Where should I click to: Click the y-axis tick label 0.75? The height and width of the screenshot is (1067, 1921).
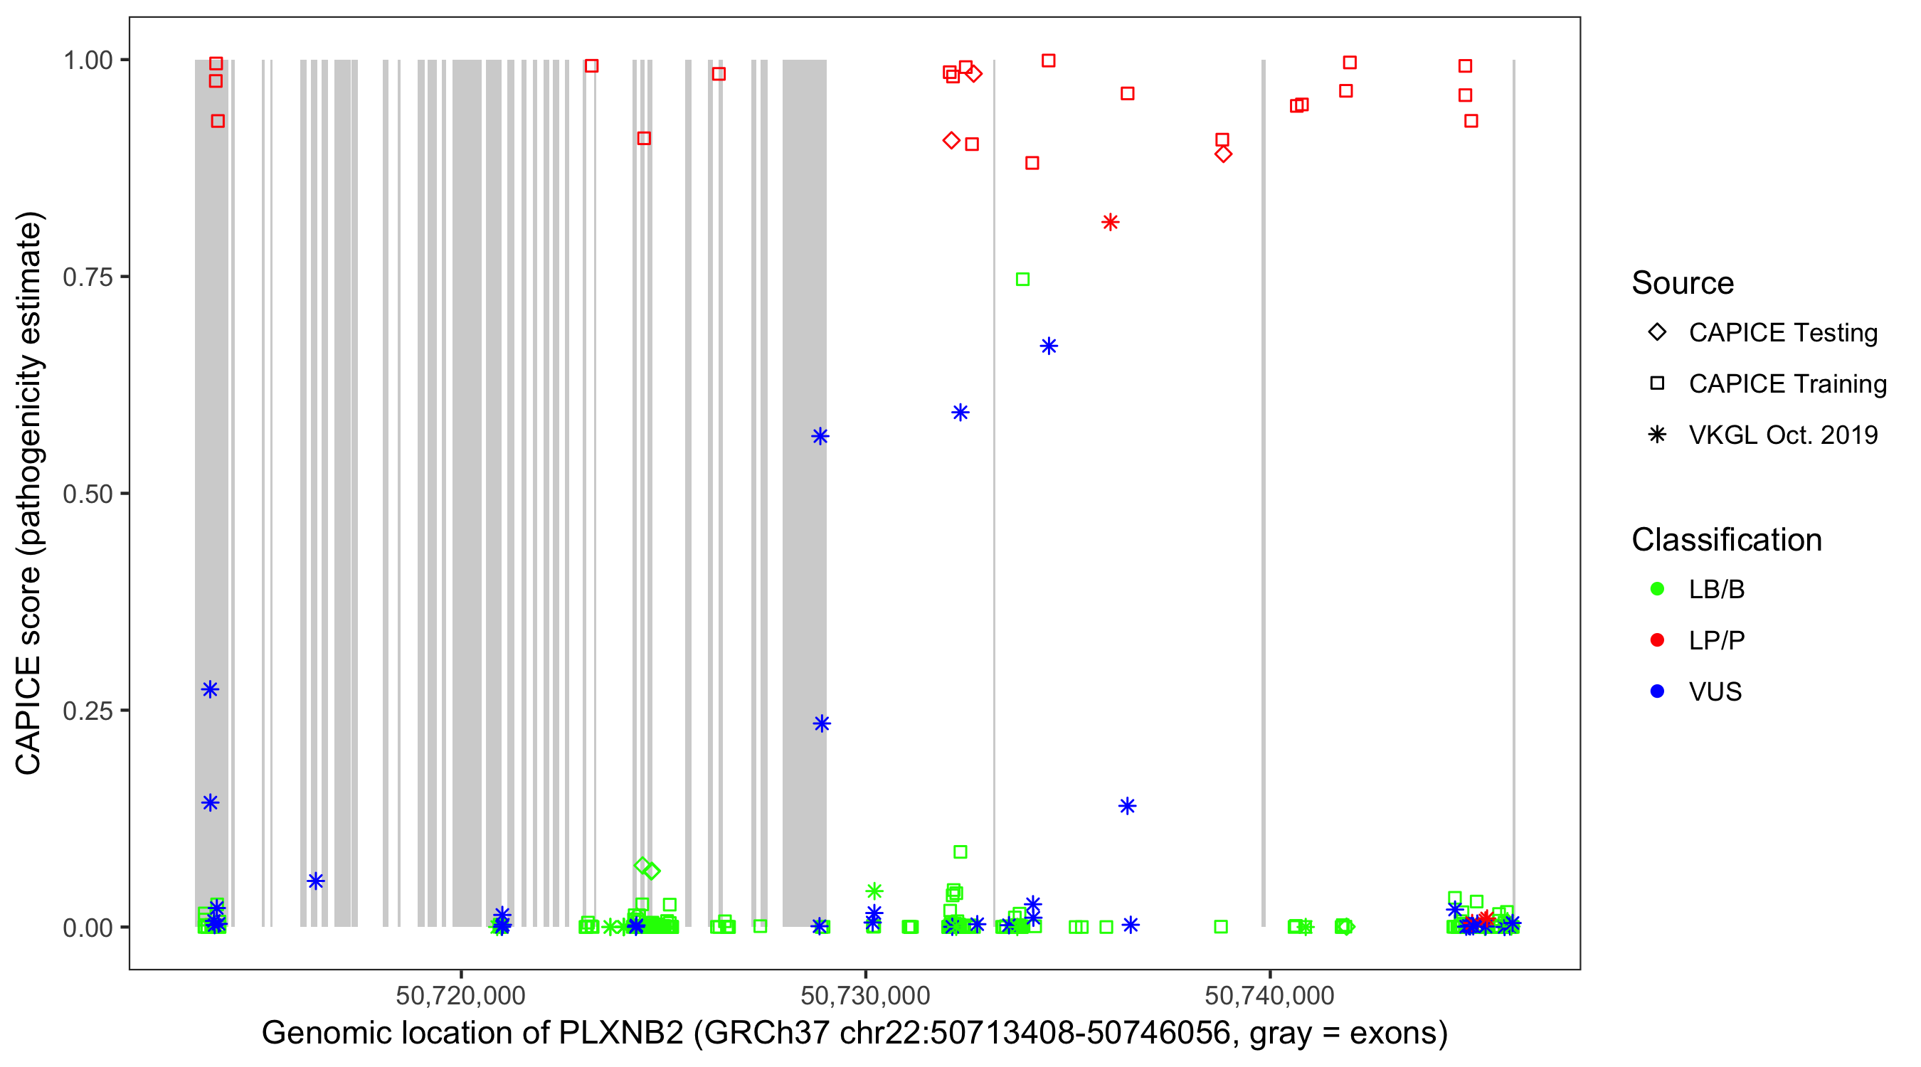point(87,277)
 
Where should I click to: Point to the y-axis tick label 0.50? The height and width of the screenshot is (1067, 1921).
point(87,494)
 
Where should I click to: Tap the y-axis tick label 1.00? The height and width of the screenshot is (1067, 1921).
point(87,60)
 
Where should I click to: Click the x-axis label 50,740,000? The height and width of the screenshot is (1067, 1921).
point(1269,995)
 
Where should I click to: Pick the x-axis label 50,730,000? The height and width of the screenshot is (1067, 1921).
point(865,995)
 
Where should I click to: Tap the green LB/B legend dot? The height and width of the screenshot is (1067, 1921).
point(1657,589)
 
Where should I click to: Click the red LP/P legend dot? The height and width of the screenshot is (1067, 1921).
point(1657,640)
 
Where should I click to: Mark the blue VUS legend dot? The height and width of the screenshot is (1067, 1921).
point(1657,692)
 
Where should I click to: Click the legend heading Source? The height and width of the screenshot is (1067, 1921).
point(1683,283)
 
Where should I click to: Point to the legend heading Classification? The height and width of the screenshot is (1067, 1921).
point(1726,540)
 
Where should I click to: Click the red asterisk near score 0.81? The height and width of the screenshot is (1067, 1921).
point(1111,222)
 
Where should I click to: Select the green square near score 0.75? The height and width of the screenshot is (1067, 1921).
point(1023,280)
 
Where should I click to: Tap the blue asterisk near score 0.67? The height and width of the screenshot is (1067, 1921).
point(1049,346)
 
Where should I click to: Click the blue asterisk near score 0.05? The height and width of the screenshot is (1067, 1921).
point(315,881)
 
